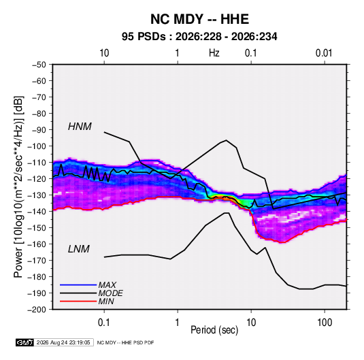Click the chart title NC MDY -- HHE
(x=199, y=19)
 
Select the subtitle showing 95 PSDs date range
(x=199, y=37)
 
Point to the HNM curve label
(x=80, y=127)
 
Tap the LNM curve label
(x=79, y=249)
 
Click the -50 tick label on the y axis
(x=39, y=65)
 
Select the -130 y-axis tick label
(x=37, y=195)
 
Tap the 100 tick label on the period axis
(x=325, y=323)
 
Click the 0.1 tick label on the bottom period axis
(x=104, y=323)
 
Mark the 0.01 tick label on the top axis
(x=324, y=53)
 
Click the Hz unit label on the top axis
(x=214, y=53)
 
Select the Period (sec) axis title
(x=214, y=330)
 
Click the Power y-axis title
(x=18, y=187)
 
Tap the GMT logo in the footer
(x=25, y=342)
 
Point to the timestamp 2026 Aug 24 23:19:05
(x=63, y=342)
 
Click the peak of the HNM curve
(x=226, y=140)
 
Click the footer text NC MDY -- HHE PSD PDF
(x=125, y=342)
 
